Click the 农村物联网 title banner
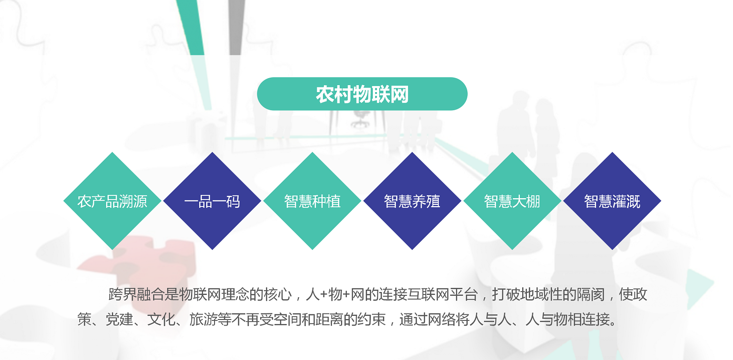tap(362, 94)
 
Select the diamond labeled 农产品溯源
tap(112, 201)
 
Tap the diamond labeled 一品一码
tap(212, 201)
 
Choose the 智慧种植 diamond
tap(312, 201)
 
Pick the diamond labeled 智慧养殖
tap(412, 201)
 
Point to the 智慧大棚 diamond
tap(512, 201)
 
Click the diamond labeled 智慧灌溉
tap(612, 201)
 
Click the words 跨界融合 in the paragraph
tap(137, 294)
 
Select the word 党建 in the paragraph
tap(119, 319)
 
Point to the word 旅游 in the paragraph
tap(203, 319)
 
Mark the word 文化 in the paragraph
tap(161, 319)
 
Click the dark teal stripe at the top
tap(191, 27)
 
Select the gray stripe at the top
tap(237, 27)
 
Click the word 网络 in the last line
tap(442, 319)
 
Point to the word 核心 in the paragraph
tap(277, 294)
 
